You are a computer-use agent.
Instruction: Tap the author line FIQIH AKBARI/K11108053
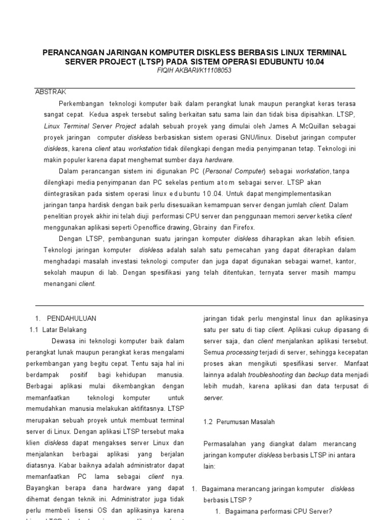195,71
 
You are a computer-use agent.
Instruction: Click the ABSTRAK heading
50,92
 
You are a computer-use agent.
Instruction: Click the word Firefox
243,227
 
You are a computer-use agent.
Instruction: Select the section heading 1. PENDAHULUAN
66,318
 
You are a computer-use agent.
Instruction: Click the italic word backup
319,375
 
